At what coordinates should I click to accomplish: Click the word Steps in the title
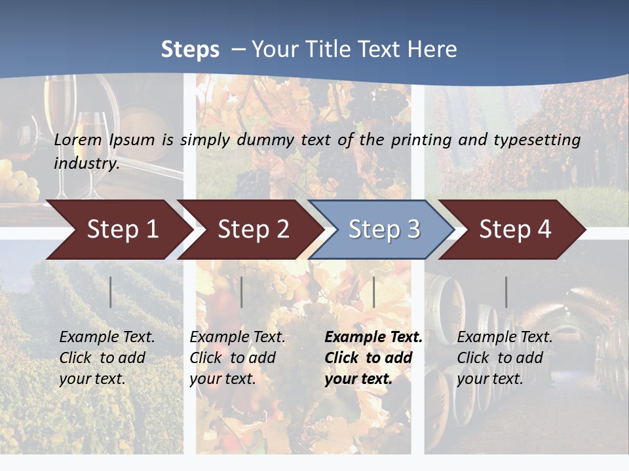pos(190,50)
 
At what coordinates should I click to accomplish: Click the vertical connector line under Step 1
pos(111,292)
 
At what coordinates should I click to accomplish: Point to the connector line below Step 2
pos(242,292)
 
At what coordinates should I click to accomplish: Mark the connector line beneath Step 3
pos(373,292)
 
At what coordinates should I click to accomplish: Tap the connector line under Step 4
pos(506,292)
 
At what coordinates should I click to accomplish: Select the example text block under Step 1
pos(107,358)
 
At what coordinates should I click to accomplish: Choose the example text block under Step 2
pos(237,358)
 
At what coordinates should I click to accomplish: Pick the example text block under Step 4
pos(505,358)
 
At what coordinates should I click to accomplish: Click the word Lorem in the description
pos(78,140)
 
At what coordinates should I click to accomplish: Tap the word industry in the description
pos(86,164)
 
